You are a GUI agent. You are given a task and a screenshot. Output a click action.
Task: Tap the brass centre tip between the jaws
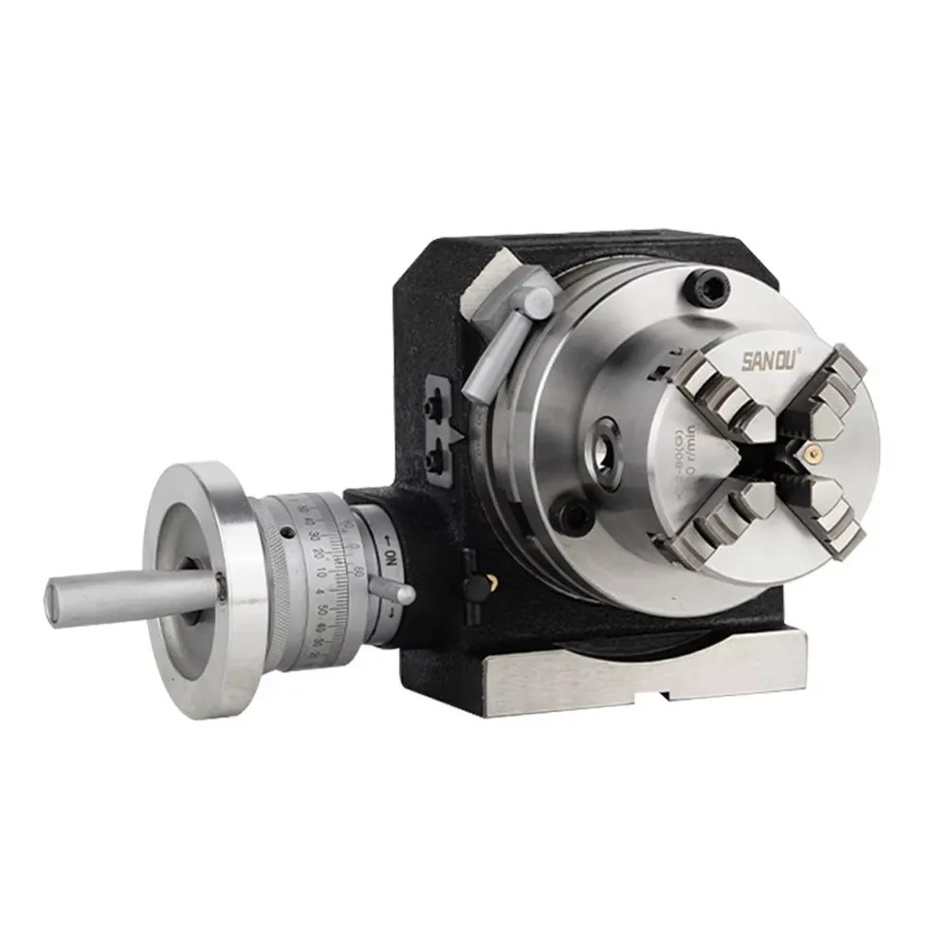811,452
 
